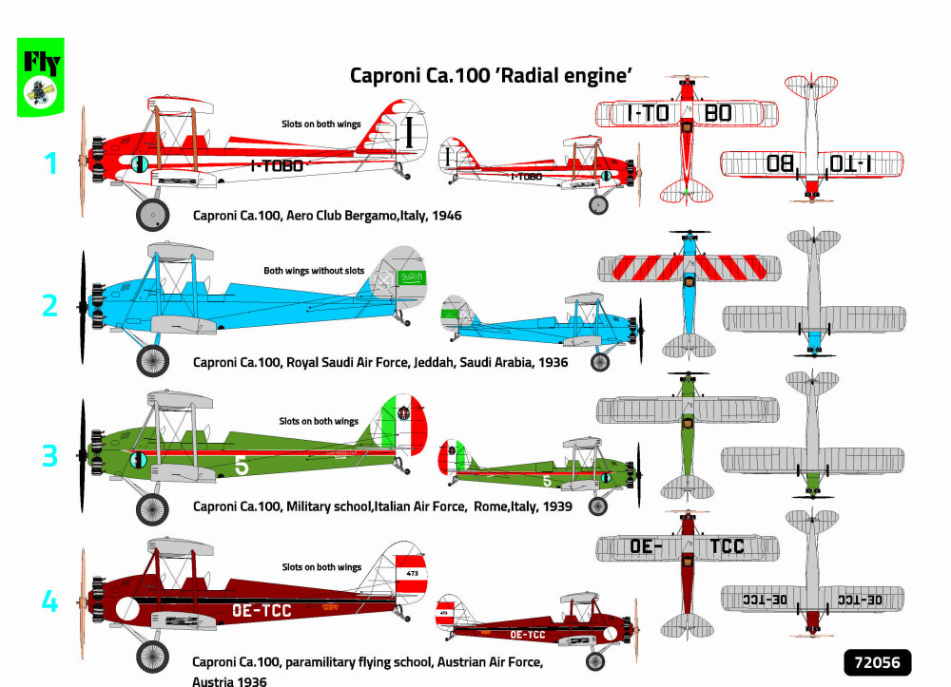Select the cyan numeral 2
tap(50, 305)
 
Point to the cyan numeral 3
tap(50, 456)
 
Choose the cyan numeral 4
tap(50, 601)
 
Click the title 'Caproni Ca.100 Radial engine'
tap(491, 75)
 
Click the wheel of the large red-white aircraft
tap(151, 214)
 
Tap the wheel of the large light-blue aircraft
tap(152, 360)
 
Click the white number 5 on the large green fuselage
tap(242, 467)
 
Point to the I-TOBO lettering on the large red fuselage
tap(277, 166)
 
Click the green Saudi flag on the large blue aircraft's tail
tap(412, 277)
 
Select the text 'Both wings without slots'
tap(314, 271)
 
